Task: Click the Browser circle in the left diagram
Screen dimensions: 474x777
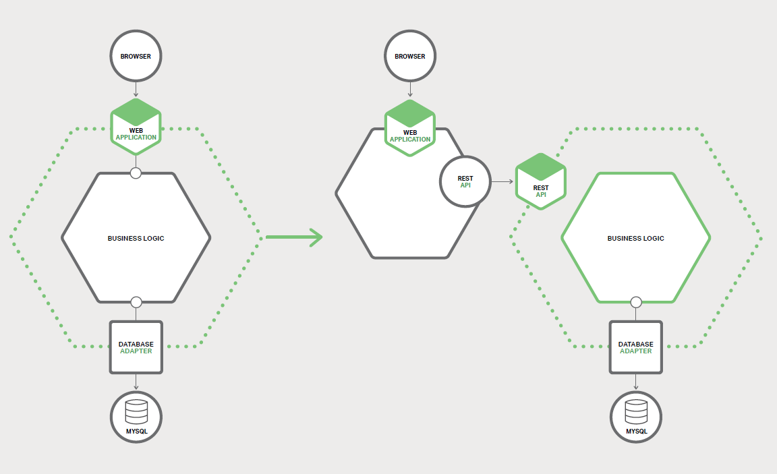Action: tap(136, 56)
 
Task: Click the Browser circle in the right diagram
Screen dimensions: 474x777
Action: tap(410, 56)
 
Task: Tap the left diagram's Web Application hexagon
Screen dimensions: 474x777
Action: tap(136, 125)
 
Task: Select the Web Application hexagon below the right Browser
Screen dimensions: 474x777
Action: tap(410, 128)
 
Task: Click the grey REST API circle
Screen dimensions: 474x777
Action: tap(465, 181)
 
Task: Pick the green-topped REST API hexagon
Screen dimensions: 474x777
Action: tap(541, 181)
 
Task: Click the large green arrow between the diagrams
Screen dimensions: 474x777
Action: tap(294, 237)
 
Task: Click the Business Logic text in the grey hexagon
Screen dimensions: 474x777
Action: tap(136, 238)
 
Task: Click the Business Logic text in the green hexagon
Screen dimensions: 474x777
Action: tap(635, 238)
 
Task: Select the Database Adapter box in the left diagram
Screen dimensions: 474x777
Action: tap(136, 347)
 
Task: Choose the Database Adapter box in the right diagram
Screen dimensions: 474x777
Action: tap(635, 347)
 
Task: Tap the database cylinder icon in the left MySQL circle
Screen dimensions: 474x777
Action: tap(136, 410)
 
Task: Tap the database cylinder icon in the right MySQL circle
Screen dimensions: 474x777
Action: tap(635, 410)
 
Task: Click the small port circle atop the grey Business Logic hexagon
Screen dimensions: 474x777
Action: tap(136, 173)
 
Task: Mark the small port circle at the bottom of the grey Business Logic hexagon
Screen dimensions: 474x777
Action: tap(136, 301)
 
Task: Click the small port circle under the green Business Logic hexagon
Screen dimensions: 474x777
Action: tap(635, 301)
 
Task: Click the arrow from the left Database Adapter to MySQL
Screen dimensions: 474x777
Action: tap(136, 382)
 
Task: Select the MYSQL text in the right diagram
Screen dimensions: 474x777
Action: tap(635, 431)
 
